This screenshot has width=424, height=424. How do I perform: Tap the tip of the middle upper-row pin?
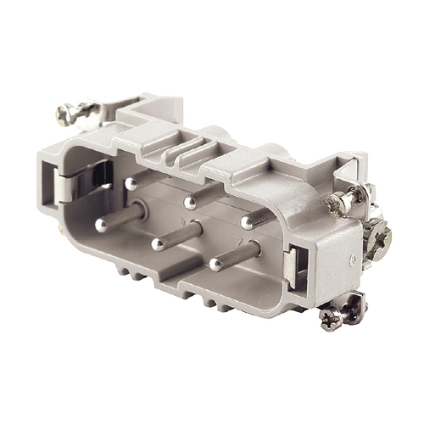pos(190,203)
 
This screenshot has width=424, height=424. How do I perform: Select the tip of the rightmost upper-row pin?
pos(247,222)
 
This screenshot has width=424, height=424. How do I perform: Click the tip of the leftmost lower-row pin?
pos(101,225)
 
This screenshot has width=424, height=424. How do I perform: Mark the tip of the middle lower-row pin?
pos(157,244)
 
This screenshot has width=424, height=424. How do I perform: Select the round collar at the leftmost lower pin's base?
pos(137,212)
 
